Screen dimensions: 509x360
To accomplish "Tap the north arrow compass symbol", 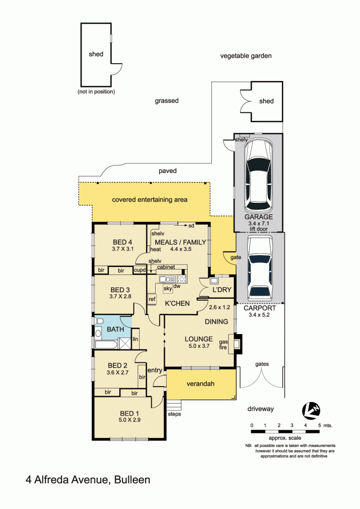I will pos(312,410).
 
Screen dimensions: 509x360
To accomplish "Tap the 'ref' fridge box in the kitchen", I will pos(152,299).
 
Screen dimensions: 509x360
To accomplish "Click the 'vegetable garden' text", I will pos(246,56).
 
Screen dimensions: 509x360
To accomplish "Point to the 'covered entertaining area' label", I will pos(150,200).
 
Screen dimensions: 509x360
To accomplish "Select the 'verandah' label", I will pos(200,384).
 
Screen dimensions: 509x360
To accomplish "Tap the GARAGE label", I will pos(258,217).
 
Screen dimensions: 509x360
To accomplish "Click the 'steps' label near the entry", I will pos(174,414).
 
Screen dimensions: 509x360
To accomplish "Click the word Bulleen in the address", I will pos(132,480).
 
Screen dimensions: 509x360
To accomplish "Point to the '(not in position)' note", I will pos(96,91).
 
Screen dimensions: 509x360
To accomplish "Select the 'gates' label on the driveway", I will pos(262,364).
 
